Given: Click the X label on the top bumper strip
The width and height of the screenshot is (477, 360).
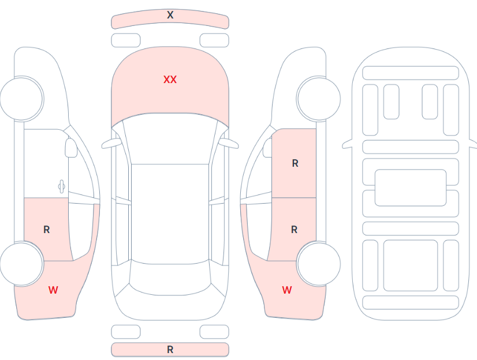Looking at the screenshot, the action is pos(170,15).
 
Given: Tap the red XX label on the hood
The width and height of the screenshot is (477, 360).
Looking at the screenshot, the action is pos(170,80).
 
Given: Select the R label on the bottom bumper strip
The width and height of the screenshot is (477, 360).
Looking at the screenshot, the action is pos(170,350).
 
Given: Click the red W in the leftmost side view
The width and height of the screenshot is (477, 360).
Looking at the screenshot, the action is pos(53,290).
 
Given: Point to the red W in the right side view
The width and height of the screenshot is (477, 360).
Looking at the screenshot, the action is pos(287,290).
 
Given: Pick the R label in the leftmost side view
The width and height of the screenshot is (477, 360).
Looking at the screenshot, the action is pos(47,230).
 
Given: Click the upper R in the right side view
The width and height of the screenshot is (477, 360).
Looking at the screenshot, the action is pos(295,163).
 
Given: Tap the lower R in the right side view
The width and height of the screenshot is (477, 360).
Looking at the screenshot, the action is pos(294,230).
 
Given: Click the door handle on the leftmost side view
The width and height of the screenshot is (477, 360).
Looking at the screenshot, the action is pos(61,186).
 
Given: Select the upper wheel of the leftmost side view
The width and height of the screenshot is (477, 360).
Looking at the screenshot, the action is pos(21,99).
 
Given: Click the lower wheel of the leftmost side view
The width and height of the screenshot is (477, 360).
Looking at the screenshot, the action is pos(21,264).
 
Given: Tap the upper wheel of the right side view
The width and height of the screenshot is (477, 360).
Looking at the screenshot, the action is pos(319,99).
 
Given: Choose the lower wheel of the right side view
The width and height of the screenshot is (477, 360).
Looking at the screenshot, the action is pos(319,264).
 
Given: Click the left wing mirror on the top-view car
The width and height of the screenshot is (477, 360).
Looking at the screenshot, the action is pos(111,144).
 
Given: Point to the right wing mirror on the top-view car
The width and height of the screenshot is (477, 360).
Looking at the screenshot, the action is pos(229,144).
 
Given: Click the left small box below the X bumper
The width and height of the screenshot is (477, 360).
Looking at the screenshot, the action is pos(126,40).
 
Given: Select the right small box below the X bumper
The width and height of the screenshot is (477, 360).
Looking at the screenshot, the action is pos(214,40).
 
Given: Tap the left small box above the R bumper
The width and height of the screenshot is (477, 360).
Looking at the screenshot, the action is pos(126,332).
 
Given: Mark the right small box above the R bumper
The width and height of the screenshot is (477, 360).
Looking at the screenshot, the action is pos(214,332).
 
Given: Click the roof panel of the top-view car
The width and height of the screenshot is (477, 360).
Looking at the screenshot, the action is pos(170,214).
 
